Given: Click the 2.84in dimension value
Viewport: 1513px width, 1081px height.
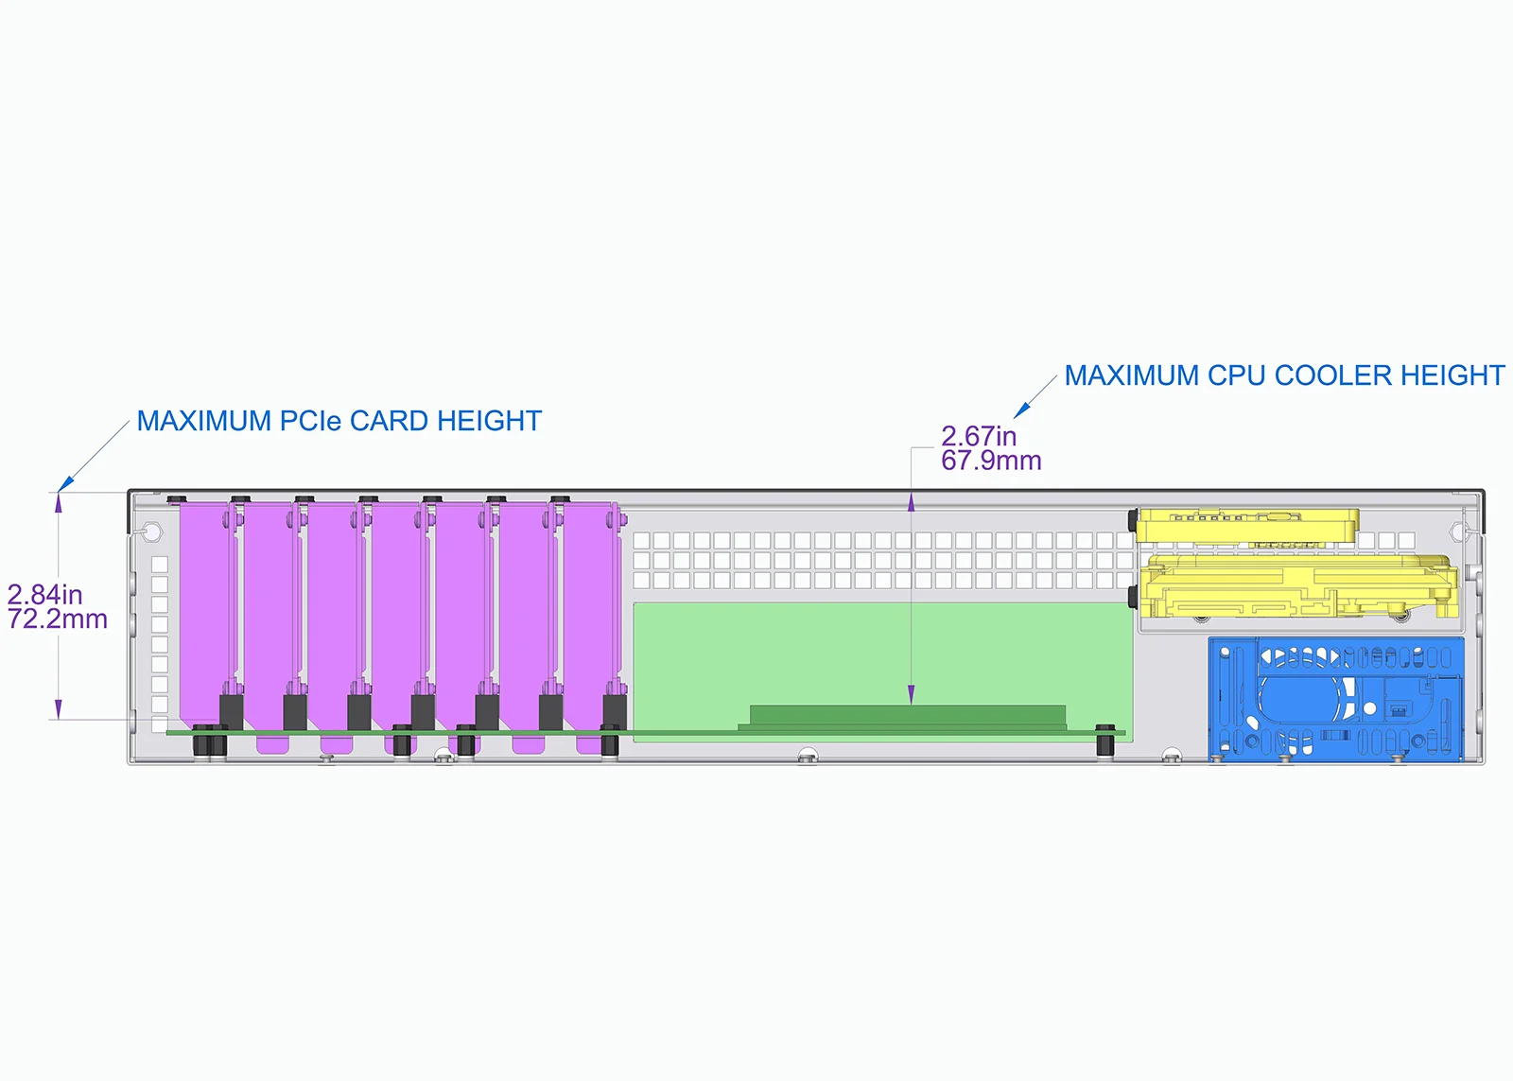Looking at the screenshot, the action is (44, 595).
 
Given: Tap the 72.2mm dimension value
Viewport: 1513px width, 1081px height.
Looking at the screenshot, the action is (58, 619).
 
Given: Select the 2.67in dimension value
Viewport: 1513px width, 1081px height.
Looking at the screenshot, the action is (979, 436).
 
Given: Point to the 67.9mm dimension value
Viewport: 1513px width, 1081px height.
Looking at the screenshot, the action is (991, 461).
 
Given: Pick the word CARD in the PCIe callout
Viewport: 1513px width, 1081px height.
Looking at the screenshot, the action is (389, 421).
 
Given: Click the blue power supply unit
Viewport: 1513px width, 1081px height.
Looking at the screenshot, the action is (1336, 699).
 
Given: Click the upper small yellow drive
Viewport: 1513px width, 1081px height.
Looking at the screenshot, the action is (1247, 526).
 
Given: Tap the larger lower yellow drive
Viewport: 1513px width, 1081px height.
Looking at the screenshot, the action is (1296, 586).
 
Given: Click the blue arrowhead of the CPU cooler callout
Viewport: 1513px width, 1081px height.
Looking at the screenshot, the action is (1021, 410).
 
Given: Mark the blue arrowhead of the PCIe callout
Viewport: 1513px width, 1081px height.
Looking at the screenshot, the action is (65, 483).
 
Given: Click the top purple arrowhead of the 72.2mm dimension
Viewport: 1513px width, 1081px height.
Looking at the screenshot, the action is (59, 503).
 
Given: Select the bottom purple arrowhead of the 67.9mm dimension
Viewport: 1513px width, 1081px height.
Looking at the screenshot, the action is (912, 694).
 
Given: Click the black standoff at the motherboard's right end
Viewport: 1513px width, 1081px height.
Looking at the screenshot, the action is (1105, 741).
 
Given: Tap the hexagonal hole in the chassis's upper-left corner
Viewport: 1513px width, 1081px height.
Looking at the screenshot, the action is (152, 533).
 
